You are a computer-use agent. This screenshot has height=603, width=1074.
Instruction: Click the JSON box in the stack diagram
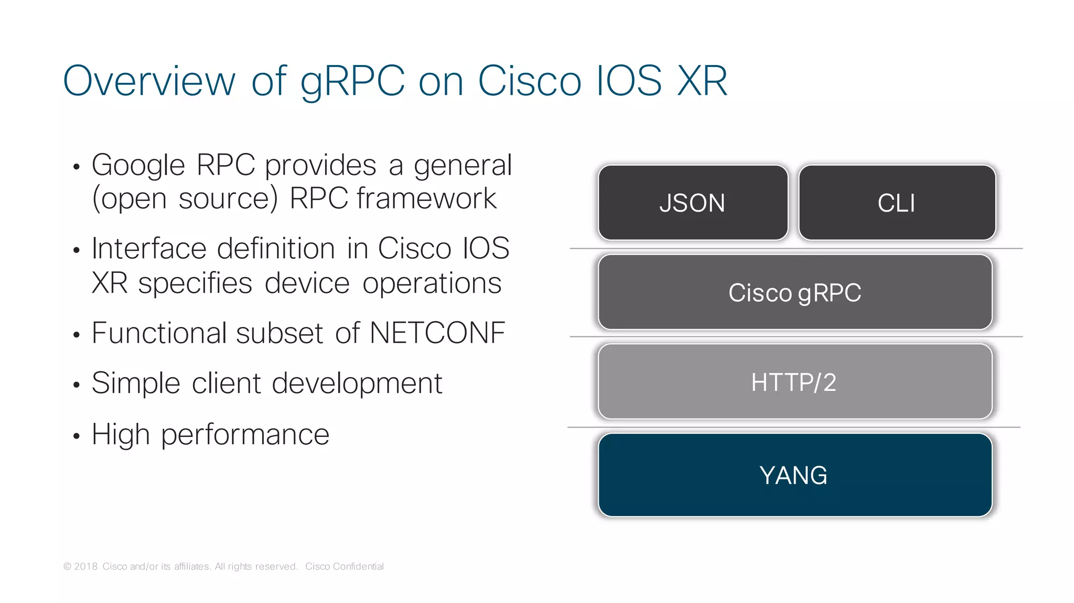pos(693,203)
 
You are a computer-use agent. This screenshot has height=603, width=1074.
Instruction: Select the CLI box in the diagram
pos(897,203)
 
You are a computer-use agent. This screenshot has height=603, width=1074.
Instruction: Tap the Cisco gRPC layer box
pos(795,292)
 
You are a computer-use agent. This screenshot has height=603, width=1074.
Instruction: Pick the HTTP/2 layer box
pos(795,382)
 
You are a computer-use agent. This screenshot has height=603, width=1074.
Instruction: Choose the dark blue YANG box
pos(795,475)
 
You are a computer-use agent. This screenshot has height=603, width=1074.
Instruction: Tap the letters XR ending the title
pos(702,82)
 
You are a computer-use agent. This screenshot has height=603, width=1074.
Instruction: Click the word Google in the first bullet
pos(138,166)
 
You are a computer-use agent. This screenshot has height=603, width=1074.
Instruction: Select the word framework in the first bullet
pos(426,199)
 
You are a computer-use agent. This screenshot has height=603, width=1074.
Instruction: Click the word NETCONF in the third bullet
pos(437,333)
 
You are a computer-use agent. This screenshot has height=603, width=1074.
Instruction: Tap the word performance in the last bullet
pos(245,435)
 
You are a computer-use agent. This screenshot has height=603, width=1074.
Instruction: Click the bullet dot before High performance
pos(77,436)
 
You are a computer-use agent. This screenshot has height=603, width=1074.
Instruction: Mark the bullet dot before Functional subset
pos(77,334)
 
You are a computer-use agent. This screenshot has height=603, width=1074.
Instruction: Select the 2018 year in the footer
pos(86,566)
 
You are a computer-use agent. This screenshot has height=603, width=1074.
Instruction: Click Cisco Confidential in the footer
pos(345,566)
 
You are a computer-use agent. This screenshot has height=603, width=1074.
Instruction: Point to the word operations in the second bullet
pos(432,283)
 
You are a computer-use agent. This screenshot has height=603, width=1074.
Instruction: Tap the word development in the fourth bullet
pos(357,383)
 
